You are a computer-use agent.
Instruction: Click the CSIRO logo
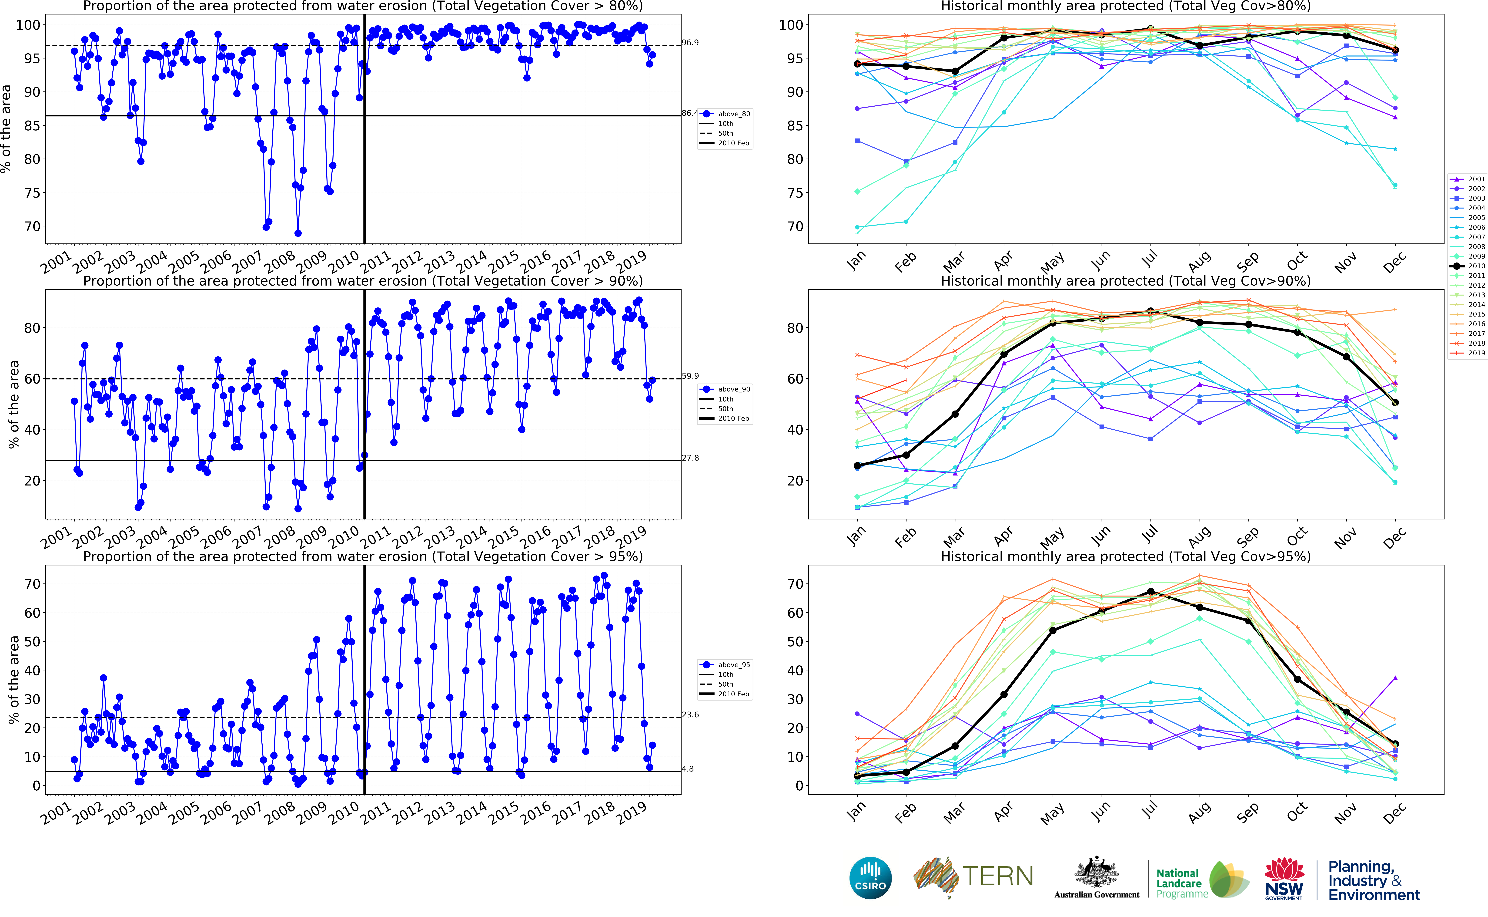tap(870, 878)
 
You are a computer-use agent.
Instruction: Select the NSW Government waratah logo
tap(1284, 878)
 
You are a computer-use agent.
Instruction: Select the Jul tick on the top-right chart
tap(1149, 259)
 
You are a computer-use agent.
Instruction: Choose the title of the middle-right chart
tap(1126, 281)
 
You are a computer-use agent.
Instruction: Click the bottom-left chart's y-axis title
tap(13, 679)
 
